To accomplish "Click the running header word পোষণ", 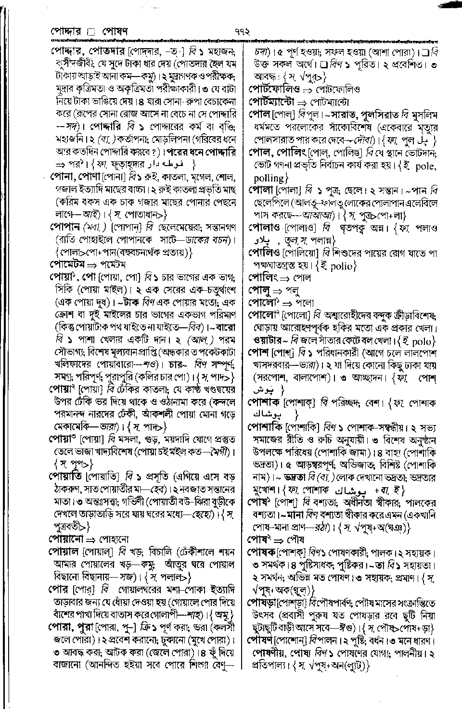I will point(114,32).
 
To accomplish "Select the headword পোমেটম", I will point(67,264).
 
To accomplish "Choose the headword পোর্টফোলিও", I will point(274,89).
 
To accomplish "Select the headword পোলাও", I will point(265,227).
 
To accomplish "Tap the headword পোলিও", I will point(264,252).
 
